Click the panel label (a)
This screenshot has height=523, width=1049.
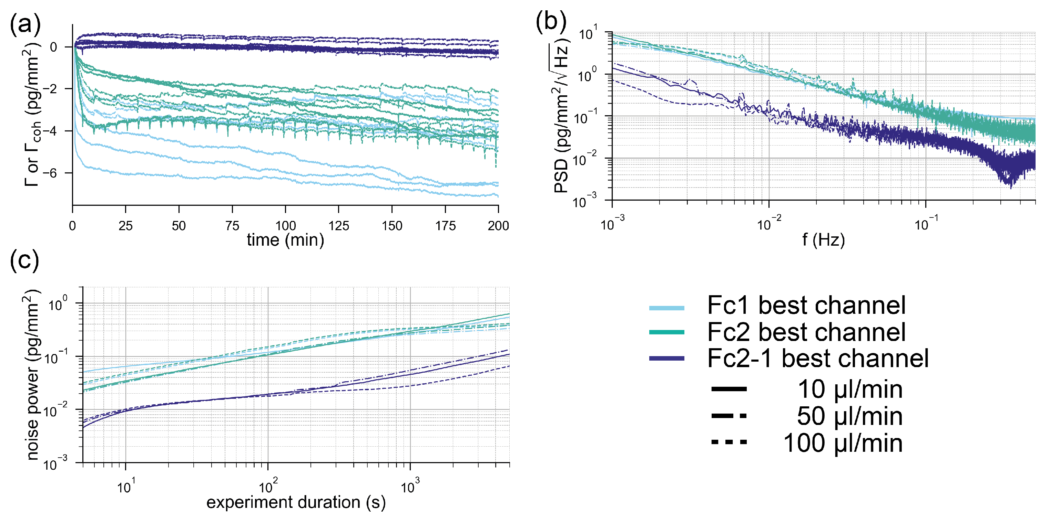[x=25, y=24]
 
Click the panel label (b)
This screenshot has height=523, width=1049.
[x=551, y=21]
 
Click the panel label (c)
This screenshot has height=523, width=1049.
[x=24, y=260]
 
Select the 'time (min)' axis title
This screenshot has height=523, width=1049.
[x=285, y=240]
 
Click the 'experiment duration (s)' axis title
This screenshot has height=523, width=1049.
[x=296, y=502]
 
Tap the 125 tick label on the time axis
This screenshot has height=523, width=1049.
[x=338, y=226]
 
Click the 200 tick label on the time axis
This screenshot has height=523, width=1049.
[x=498, y=226]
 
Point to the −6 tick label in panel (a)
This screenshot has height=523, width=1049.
[x=49, y=173]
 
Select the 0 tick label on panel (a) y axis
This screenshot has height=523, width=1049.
[x=53, y=47]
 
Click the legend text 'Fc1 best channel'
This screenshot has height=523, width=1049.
[x=806, y=306]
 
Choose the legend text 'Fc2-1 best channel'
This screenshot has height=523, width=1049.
[x=818, y=359]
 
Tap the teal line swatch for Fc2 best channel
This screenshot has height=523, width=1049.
[x=666, y=332]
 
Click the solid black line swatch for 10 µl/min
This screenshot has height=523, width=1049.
[x=729, y=389]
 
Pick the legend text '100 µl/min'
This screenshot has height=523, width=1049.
[x=843, y=443]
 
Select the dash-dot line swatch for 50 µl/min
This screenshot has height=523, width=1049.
[x=729, y=416]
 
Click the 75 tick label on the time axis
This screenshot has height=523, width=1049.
[x=232, y=226]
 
